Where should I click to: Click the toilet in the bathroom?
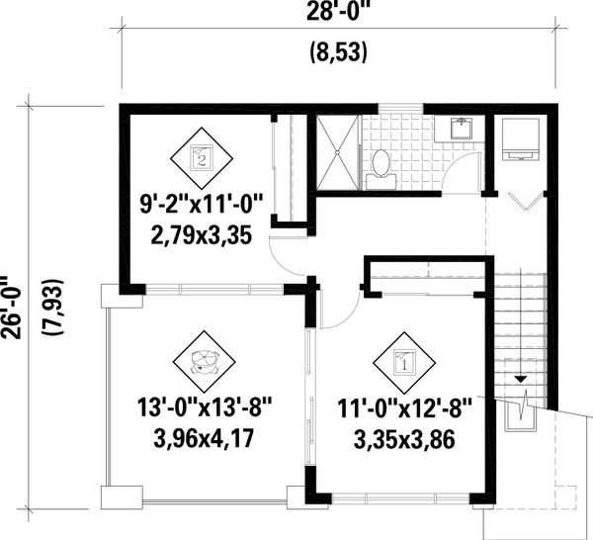tap(379, 167)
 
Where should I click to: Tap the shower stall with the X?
tap(338, 151)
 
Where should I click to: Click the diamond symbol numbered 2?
tap(202, 156)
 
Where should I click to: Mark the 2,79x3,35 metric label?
tap(201, 238)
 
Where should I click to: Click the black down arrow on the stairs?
tap(522, 380)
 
